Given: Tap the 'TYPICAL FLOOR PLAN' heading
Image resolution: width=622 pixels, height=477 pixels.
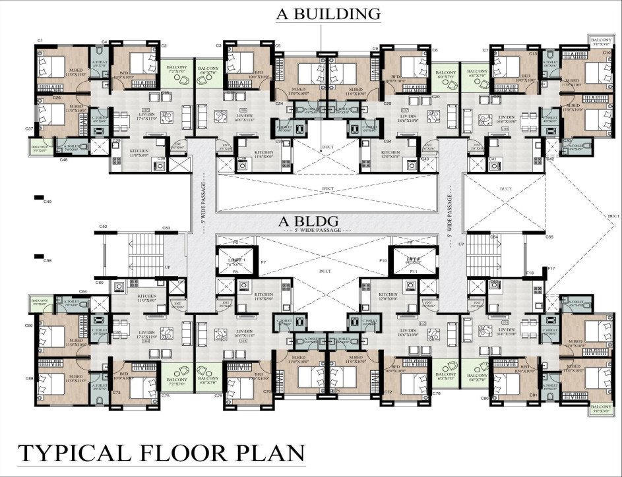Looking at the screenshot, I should tap(162, 453).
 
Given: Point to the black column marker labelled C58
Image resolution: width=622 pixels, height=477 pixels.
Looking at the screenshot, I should tap(39, 256).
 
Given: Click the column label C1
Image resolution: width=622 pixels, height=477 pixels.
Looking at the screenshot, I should tap(40, 41).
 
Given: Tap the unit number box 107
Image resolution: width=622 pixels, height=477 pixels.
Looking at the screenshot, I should tap(405, 109).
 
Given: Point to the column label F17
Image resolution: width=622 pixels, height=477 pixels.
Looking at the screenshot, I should tap(551, 268).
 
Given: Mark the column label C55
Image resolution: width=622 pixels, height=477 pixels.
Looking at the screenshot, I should tap(549, 237).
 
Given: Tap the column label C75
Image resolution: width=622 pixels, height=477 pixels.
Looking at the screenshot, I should tap(165, 395).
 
